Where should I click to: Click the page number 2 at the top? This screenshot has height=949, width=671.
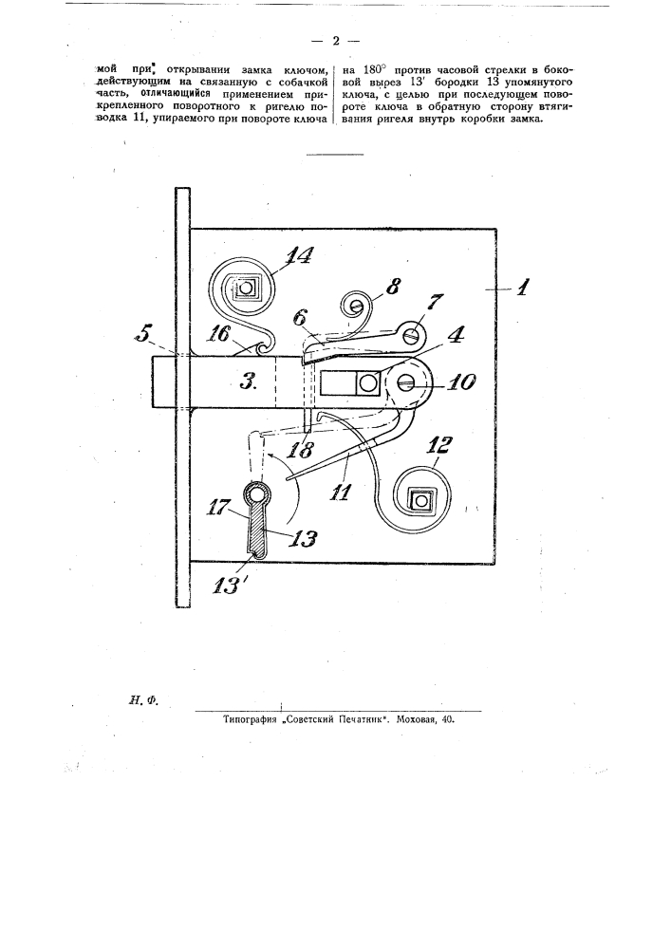click(335, 41)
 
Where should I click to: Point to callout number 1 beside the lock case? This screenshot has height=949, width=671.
click(523, 287)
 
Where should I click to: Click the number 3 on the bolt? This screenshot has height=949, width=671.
click(247, 382)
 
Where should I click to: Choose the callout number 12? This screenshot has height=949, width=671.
click(438, 445)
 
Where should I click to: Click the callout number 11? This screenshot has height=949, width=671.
click(340, 491)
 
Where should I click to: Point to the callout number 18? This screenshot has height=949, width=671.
click(301, 449)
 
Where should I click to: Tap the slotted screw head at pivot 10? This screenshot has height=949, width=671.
click(404, 382)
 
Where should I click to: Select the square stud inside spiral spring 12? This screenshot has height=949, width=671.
click(419, 500)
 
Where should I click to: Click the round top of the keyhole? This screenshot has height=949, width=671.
click(258, 493)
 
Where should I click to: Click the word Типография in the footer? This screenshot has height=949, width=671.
click(250, 720)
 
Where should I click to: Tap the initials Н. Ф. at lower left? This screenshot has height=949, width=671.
click(142, 701)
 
